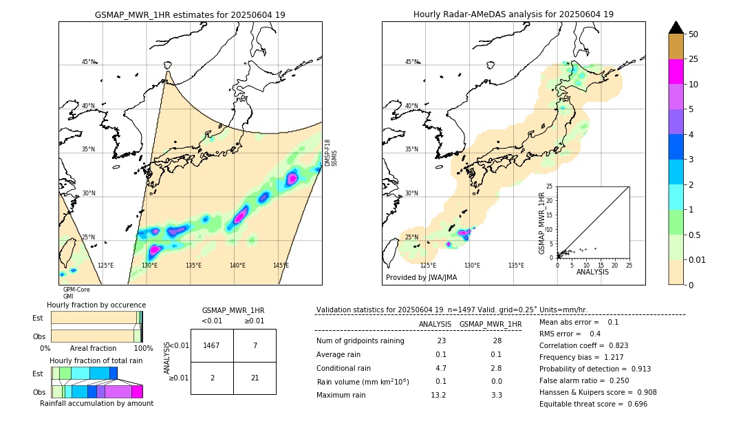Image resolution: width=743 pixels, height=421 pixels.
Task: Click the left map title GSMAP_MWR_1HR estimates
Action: [190, 14]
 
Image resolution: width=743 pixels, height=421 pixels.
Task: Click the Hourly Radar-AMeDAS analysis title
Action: [513, 14]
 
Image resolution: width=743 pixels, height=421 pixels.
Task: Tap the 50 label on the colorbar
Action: [693, 34]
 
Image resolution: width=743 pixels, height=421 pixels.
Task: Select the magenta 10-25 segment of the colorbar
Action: [676, 72]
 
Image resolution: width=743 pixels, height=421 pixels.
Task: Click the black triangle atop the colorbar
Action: [676, 28]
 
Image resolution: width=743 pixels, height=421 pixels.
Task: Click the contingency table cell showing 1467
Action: [212, 345]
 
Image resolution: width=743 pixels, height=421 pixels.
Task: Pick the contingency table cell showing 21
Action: [255, 378]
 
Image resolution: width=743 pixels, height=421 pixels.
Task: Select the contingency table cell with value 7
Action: [255, 345]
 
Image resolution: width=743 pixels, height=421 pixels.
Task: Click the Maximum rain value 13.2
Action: [438, 395]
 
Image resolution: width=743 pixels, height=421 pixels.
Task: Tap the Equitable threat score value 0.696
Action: [633, 404]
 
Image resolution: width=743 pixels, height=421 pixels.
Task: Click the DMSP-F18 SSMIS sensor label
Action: [331, 153]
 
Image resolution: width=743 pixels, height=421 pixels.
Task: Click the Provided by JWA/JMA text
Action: [421, 277]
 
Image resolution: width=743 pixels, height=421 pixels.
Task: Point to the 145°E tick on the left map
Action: [281, 266]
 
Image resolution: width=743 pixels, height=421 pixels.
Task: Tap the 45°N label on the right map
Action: [411, 62]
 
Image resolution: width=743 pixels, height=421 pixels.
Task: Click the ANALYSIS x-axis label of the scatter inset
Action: [593, 272]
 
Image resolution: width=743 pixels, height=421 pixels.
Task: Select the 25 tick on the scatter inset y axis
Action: [550, 186]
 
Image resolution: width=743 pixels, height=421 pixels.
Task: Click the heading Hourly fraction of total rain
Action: [96, 360]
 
